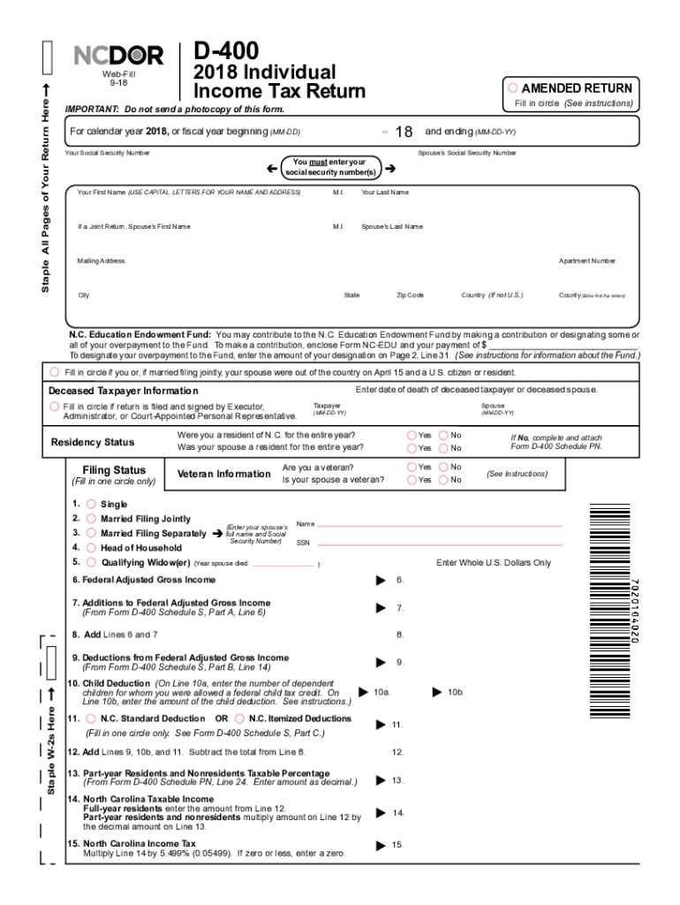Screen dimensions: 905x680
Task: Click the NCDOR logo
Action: coord(118,57)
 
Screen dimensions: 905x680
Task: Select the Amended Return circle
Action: coord(512,88)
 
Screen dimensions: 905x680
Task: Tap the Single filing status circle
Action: coord(91,504)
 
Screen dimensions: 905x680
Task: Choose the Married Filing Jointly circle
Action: coord(91,519)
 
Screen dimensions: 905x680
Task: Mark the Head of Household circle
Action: coord(91,548)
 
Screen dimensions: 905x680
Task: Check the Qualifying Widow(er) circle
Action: coord(91,562)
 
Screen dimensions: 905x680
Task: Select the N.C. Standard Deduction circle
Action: coord(91,719)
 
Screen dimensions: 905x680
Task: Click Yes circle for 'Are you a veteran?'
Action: coord(412,467)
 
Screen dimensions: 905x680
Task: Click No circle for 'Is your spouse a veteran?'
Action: coord(443,480)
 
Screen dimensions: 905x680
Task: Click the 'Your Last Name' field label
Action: coord(384,193)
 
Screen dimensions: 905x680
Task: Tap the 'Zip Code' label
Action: coord(411,295)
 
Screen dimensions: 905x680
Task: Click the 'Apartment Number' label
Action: coord(586,261)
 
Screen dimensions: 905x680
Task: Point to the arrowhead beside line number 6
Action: coord(381,580)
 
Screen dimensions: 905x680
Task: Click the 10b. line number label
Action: coord(456,692)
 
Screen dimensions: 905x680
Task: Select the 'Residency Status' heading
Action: coord(93,442)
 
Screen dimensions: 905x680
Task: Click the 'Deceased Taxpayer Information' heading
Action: coord(123,392)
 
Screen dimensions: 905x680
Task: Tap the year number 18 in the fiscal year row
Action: coord(404,133)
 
